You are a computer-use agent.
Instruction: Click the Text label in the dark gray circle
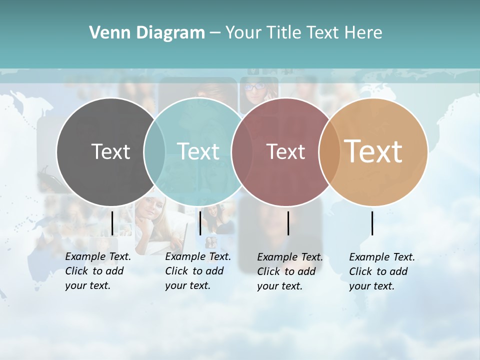pos(110,151)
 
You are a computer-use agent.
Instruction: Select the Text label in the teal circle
pos(198,151)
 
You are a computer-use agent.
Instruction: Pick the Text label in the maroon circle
pos(285,151)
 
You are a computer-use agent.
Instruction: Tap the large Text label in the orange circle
pos(373,151)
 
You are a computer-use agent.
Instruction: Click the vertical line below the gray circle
pos(112,223)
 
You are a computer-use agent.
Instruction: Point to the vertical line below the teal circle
pos(200,223)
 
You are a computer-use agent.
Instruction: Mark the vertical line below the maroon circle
pos(288,223)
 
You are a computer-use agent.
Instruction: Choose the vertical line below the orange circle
pos(372,223)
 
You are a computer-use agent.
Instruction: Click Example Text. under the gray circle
pos(98,256)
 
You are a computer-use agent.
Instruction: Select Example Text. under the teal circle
pos(198,256)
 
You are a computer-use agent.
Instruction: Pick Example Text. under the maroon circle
pos(290,257)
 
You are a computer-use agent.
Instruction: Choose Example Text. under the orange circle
pos(382,257)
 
